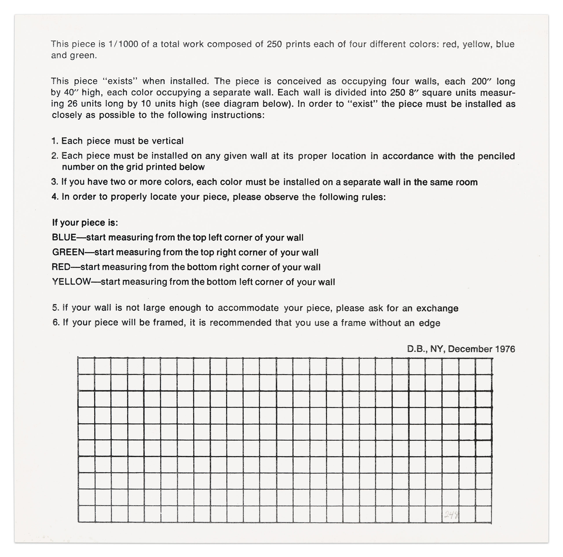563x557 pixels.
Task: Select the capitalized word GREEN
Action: point(68,252)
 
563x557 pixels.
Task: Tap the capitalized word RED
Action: point(61,267)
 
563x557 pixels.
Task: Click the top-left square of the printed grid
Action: point(86,366)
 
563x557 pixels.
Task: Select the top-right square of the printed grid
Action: point(484,366)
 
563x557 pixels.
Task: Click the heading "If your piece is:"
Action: point(85,223)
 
